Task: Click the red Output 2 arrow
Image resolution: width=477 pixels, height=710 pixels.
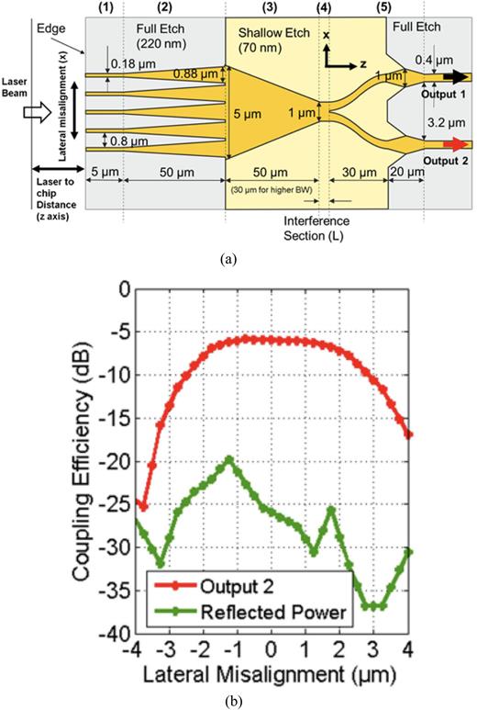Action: point(456,144)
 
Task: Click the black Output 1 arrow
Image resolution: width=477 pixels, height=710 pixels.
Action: point(456,80)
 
